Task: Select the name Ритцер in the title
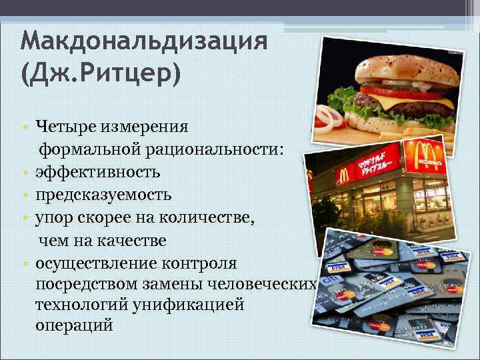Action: click(x=133, y=73)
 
